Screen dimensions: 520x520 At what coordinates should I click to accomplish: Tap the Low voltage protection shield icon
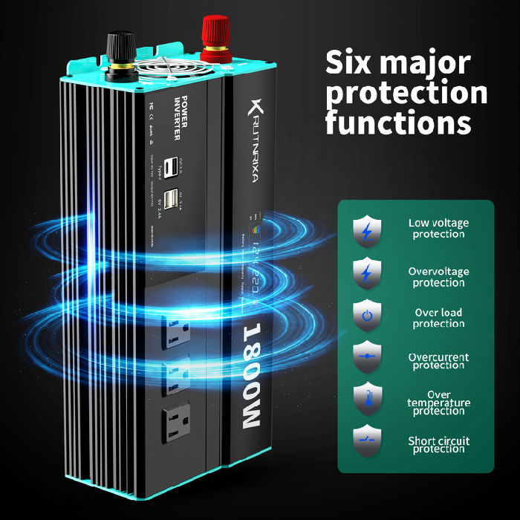[366, 230]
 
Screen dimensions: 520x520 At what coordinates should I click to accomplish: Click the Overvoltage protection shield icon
[366, 273]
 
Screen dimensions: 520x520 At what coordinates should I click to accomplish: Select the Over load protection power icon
[366, 316]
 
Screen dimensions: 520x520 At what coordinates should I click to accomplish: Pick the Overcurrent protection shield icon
[366, 359]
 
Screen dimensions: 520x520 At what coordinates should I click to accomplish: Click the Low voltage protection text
[438, 228]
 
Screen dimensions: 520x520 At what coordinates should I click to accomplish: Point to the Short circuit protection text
[438, 445]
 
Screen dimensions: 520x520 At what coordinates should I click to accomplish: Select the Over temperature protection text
[438, 403]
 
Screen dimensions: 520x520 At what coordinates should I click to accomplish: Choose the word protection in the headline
[406, 93]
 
